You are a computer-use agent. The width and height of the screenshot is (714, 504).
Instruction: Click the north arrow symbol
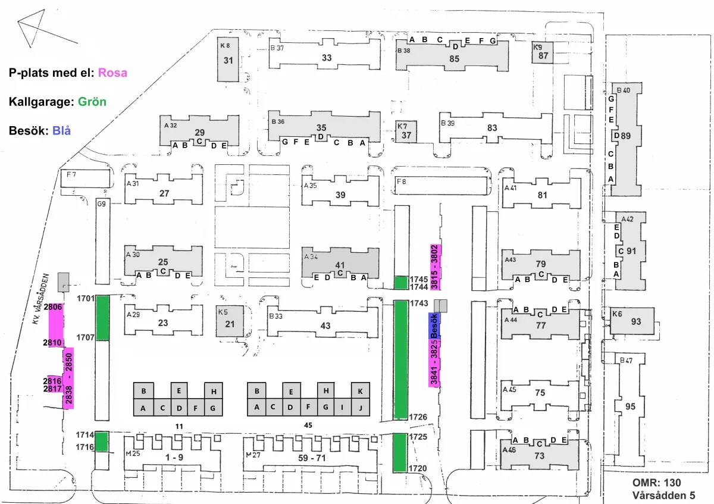tap(47, 29)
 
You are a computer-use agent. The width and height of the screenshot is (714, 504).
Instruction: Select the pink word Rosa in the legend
tap(112, 73)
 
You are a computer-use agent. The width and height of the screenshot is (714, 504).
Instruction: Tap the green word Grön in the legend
tap(92, 102)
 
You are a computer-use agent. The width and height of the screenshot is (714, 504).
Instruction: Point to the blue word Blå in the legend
tap(61, 131)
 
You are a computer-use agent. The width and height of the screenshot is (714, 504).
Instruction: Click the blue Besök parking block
tap(434, 326)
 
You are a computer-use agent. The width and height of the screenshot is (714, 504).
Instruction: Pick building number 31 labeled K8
tap(228, 60)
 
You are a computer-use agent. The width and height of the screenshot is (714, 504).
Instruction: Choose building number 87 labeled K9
tap(542, 52)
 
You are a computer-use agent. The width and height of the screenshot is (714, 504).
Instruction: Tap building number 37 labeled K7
tap(406, 132)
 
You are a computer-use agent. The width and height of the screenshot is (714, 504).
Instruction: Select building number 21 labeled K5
tap(230, 321)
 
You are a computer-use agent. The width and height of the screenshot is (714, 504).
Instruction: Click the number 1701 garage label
tap(86, 298)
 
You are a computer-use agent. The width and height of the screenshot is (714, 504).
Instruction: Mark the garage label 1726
tap(418, 417)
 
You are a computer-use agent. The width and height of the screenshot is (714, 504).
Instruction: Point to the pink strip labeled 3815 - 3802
tap(436, 267)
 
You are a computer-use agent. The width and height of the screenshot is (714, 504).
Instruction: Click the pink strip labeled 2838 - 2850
tap(68, 378)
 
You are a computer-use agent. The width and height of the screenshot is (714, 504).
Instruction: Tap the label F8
tap(401, 181)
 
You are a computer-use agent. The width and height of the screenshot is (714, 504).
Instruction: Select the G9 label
tap(101, 204)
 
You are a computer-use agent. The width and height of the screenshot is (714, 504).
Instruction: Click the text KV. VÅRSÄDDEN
tap(41, 299)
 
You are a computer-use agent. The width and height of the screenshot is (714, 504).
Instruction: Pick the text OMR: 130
tap(657, 483)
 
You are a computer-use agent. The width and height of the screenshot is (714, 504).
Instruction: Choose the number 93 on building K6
tap(636, 321)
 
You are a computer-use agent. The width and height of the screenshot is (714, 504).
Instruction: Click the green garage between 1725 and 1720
tap(400, 453)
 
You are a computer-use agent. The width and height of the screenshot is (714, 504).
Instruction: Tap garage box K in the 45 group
tap(361, 391)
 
